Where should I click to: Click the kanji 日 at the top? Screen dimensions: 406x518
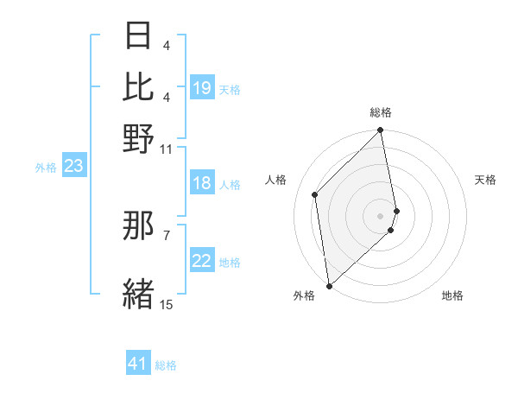[x=139, y=37]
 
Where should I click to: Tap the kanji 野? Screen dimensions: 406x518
[x=139, y=137]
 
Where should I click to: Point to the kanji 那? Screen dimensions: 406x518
[x=139, y=225]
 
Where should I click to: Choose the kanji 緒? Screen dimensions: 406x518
[x=139, y=293]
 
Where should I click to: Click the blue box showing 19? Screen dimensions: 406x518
[x=202, y=88]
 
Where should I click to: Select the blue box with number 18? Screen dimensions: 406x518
[x=202, y=183]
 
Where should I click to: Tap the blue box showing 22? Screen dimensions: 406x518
[x=202, y=261]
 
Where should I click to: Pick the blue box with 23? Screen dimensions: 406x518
[x=73, y=166]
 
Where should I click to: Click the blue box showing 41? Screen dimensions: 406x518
[x=138, y=364]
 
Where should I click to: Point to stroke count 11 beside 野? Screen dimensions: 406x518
[x=167, y=149]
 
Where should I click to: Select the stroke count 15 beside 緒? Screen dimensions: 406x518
[x=167, y=304]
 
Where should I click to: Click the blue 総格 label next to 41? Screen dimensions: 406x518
[x=167, y=365]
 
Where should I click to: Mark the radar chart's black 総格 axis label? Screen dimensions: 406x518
[x=380, y=112]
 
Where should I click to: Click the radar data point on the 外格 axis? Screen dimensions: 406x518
[x=329, y=285]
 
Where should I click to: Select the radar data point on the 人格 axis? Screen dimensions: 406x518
[x=315, y=194]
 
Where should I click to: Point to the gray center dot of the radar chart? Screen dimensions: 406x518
[x=381, y=214]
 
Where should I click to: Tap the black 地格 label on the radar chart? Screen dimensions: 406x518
[x=452, y=295]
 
